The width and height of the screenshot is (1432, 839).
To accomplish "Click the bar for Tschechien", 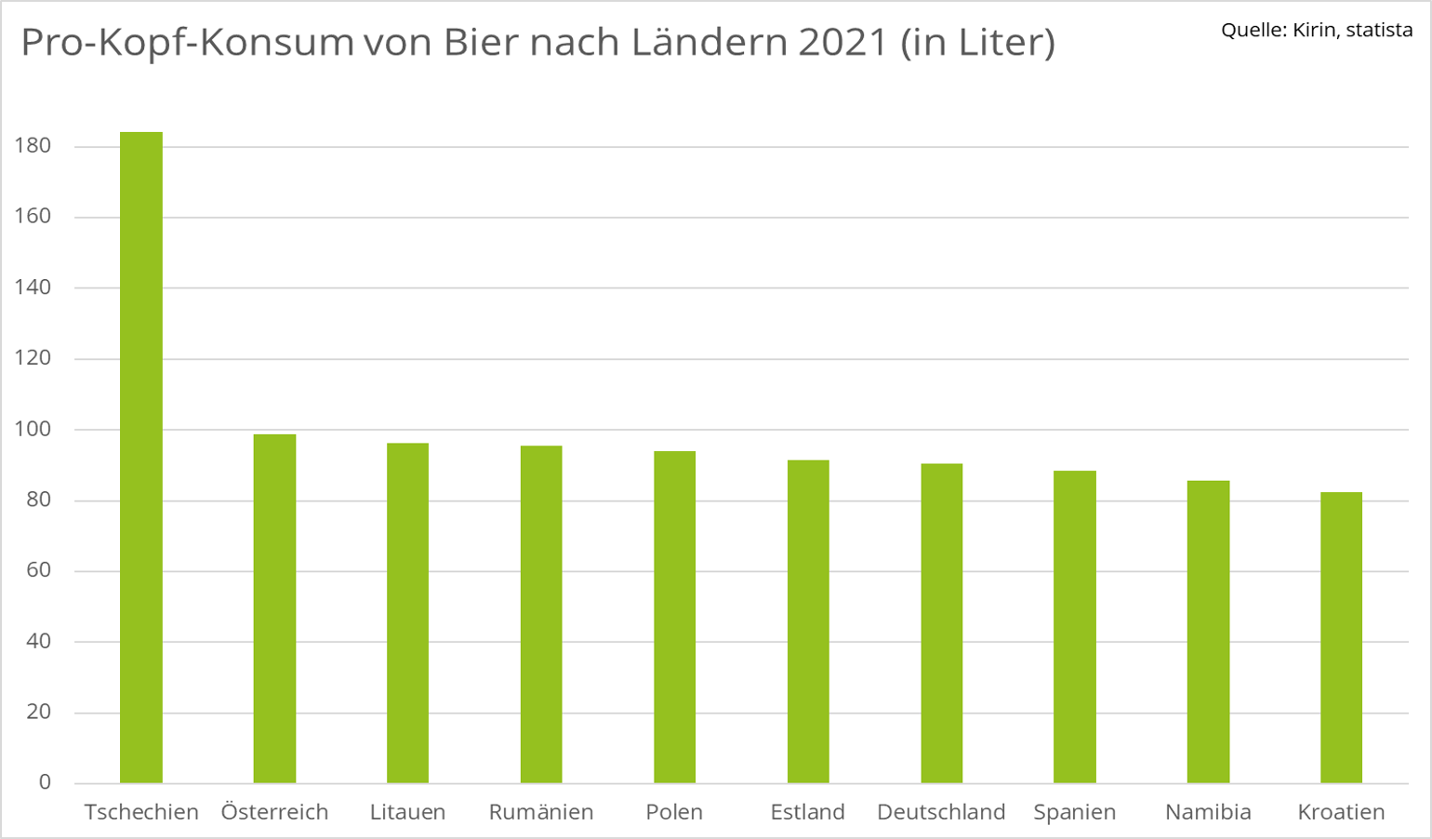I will (141, 457).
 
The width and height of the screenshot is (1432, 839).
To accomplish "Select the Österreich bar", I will (274, 608).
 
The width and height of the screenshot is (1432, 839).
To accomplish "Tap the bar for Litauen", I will (407, 613).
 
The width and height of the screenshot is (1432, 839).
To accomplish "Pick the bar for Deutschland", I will (941, 623).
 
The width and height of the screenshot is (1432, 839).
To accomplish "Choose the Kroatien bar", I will (1341, 637).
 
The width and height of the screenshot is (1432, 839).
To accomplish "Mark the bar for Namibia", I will (1208, 632).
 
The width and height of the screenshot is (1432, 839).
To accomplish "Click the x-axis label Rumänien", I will (541, 812).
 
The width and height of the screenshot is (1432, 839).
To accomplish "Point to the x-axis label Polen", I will (674, 812).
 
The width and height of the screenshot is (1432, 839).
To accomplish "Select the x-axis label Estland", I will (807, 812).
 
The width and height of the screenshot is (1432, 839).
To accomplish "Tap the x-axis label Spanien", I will (1074, 812).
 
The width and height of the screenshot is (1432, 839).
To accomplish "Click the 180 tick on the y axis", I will (33, 146).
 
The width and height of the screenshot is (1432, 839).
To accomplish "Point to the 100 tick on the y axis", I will (33, 430).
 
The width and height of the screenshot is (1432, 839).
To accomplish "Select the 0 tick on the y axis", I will (45, 782).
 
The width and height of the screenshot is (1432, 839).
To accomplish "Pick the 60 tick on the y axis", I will (38, 570).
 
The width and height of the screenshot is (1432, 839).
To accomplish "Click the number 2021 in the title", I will (842, 43).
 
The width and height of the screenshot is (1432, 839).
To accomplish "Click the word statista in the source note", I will (1379, 30).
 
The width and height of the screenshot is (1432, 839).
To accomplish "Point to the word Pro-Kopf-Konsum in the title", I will (187, 44).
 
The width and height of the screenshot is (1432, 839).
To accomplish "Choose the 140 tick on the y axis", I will (33, 287).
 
